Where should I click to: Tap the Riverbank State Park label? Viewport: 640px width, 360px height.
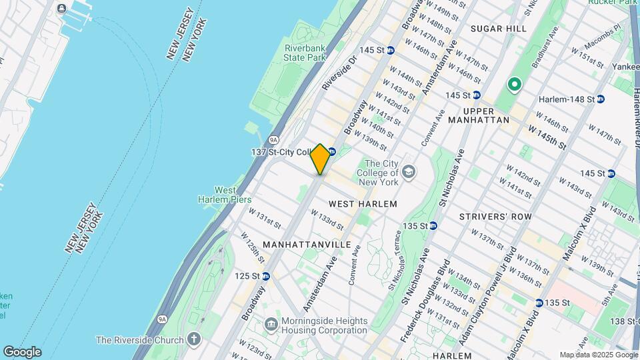304,53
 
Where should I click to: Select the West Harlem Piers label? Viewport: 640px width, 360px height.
224,195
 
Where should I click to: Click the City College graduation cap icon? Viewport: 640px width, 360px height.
408,173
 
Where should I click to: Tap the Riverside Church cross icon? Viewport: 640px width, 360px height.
194,340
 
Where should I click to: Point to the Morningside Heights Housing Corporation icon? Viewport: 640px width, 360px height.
271,325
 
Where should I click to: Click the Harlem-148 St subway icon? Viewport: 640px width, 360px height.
600,99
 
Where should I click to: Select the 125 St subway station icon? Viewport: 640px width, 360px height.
265,276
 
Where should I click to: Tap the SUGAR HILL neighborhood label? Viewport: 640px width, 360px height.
498,29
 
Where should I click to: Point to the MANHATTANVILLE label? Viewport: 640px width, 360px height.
307,245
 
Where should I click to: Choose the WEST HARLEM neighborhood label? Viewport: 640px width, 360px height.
363,203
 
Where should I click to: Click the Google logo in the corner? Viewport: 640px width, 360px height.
22,351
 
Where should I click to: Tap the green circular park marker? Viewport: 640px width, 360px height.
514,85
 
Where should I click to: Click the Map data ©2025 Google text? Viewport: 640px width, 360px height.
597,355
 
